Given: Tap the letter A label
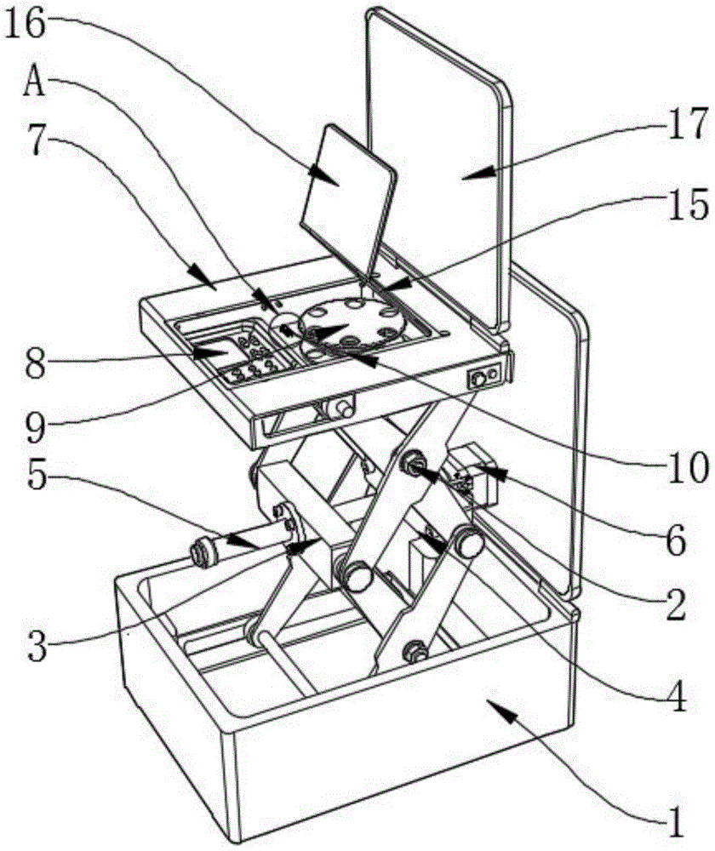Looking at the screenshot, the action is [x=34, y=83].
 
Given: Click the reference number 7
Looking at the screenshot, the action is [x=36, y=141].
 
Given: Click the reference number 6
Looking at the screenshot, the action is [x=676, y=540].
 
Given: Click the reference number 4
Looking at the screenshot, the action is [x=676, y=695].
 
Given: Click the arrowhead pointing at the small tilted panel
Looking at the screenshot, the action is [x=324, y=174].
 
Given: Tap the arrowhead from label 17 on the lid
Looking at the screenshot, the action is [x=478, y=173].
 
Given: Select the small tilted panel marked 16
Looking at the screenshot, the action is [x=348, y=198].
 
